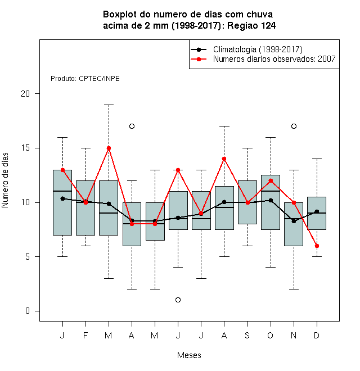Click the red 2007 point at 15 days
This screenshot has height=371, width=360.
(109, 148)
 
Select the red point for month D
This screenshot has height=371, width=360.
(317, 246)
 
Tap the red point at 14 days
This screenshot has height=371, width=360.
(224, 159)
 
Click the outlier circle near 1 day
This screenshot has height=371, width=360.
(178, 300)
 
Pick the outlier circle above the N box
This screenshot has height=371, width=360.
(294, 126)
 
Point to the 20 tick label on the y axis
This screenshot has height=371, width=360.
(25, 94)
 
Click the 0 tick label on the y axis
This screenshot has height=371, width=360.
(28, 311)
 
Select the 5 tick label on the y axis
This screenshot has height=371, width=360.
(28, 256)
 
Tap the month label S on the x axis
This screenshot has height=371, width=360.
(247, 335)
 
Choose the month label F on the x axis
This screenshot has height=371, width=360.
(85, 335)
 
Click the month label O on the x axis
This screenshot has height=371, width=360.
(271, 335)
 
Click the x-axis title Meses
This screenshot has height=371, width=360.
(189, 355)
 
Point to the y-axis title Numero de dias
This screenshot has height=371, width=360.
(5, 180)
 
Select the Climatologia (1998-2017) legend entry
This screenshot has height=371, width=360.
(246, 49)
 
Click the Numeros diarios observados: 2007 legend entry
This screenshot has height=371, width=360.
(263, 59)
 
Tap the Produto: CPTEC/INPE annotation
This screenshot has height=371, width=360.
(85, 79)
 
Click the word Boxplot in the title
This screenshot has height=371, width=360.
(120, 15)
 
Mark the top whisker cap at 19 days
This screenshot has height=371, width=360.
(109, 105)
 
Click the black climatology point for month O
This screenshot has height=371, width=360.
(271, 201)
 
